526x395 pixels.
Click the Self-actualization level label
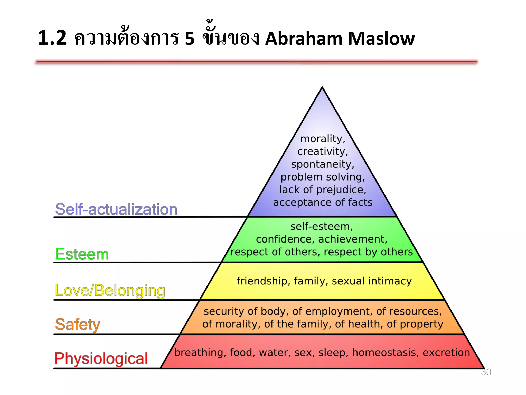(x=116, y=209)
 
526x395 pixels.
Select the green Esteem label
(x=82, y=254)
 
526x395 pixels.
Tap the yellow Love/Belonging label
(x=110, y=291)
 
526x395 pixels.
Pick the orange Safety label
(x=77, y=324)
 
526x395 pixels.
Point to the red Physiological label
(x=101, y=358)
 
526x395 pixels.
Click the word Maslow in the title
(x=381, y=39)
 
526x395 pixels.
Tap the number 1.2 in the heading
(x=52, y=38)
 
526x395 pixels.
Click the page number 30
(x=486, y=372)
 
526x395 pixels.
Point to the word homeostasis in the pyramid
(x=385, y=352)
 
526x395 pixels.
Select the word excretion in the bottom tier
(x=446, y=352)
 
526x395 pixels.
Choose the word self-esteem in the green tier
(x=322, y=226)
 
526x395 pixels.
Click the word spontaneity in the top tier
(x=323, y=164)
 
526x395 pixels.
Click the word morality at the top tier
(x=323, y=139)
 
